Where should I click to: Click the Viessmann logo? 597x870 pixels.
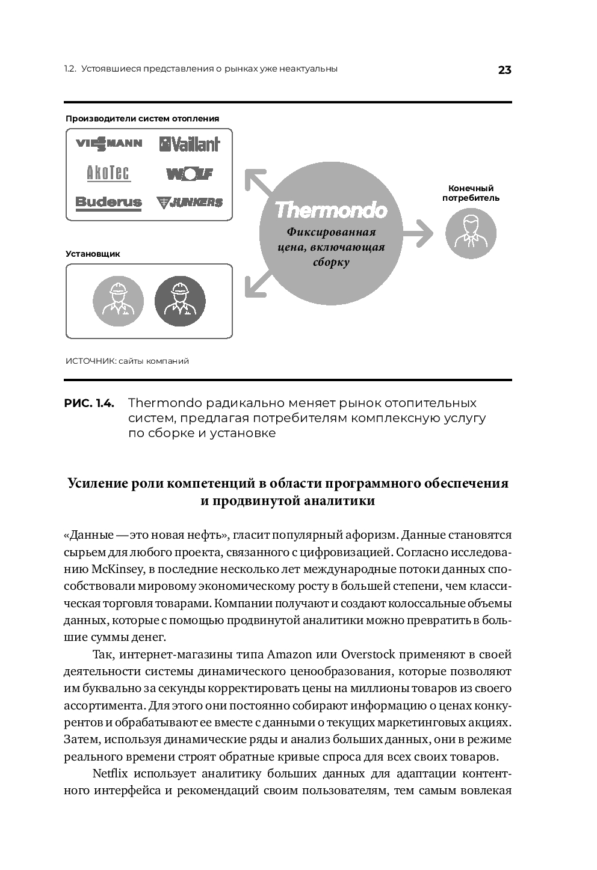(109, 143)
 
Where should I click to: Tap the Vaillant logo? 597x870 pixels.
(190, 144)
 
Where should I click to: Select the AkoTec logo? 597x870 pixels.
(108, 173)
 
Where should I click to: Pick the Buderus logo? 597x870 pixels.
(109, 202)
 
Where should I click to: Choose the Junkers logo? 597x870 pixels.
(190, 203)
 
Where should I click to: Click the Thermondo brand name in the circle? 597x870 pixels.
(330, 210)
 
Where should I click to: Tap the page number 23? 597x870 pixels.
(504, 70)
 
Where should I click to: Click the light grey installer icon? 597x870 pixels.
(118, 301)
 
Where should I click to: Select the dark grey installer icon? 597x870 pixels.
(180, 301)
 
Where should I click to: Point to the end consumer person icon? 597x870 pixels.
(471, 234)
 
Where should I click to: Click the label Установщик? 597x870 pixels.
(93, 254)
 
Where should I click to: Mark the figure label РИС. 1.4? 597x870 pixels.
(88, 403)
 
